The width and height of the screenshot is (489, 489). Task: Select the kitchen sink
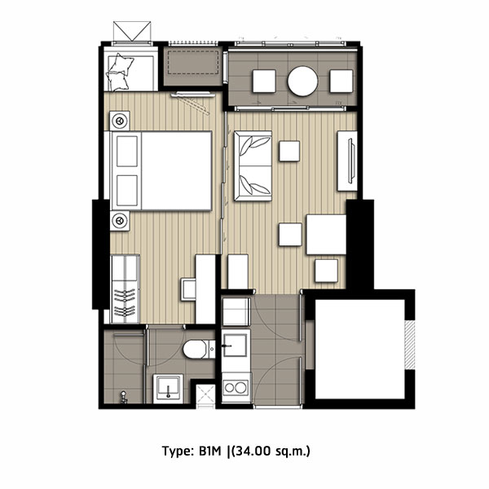[x=236, y=346]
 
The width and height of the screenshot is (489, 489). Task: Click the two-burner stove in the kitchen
[x=236, y=388]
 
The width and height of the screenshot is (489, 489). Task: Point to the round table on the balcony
[x=302, y=81]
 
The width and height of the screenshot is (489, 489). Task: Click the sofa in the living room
[x=253, y=166]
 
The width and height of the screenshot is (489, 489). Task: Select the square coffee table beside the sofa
[x=289, y=152]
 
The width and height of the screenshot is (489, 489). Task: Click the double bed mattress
[x=177, y=170]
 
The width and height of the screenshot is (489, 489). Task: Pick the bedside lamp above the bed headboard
[x=120, y=121]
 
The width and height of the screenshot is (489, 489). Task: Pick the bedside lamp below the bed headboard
[x=120, y=221]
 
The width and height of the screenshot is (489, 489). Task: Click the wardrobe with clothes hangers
[x=125, y=289]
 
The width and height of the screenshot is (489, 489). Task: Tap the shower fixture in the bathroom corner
[x=124, y=398]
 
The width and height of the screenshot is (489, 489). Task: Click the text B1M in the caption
[x=209, y=451]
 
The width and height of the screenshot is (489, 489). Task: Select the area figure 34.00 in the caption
[x=252, y=451]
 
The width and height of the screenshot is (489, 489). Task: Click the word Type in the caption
[x=178, y=452]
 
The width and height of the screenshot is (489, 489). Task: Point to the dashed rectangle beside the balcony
[x=193, y=63]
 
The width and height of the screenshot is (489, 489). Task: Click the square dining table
[x=326, y=235]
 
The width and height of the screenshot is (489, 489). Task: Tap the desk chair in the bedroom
[x=188, y=289]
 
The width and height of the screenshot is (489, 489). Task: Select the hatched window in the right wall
[x=410, y=345]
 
